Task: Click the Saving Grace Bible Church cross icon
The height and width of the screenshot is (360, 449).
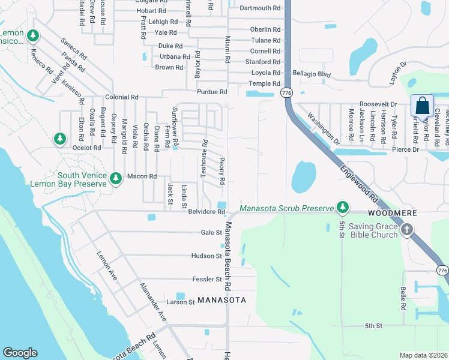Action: [x=407, y=229]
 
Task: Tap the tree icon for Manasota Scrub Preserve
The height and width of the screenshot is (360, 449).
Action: [x=343, y=208]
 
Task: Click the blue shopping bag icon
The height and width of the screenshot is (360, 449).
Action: [x=423, y=106]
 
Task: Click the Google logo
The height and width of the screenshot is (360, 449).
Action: [x=20, y=353]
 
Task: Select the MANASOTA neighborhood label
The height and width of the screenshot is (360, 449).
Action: [x=221, y=299]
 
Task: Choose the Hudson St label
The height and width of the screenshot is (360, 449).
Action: [x=207, y=256]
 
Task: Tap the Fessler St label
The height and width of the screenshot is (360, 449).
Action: [x=207, y=280]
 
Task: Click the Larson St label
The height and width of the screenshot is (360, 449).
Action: [x=181, y=302]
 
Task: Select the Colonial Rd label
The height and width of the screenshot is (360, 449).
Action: [x=122, y=97]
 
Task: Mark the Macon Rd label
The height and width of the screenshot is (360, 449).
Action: [x=142, y=176]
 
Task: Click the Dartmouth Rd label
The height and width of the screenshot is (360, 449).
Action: [x=260, y=8]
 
